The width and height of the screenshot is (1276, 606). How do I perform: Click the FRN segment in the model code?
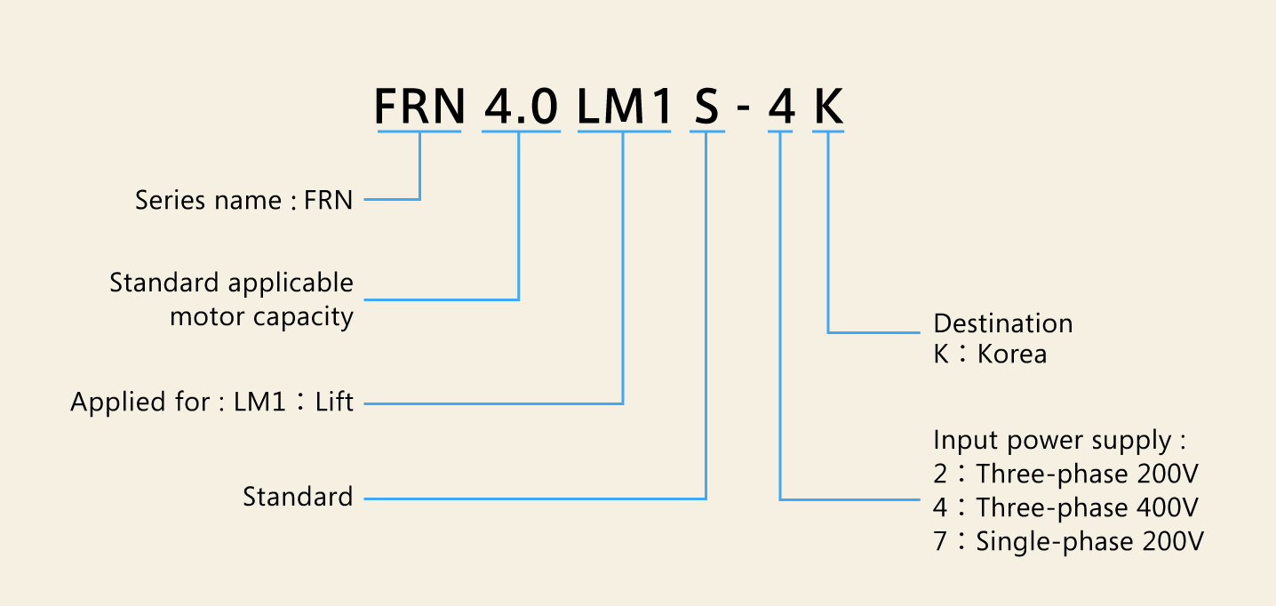pos(419,107)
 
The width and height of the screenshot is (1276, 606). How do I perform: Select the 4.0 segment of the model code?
pos(521,107)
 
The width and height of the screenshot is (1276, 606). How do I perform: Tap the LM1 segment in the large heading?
pos(624,107)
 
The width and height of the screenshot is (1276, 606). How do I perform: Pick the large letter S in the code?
pos(706,107)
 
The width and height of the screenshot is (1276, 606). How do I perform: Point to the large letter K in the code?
pos(829,107)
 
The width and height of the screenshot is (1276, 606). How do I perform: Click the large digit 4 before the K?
pos(781,107)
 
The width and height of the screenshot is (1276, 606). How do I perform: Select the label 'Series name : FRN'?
pos(243,201)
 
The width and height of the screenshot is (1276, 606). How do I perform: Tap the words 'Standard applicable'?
pos(231,283)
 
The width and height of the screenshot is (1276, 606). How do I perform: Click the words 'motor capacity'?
pos(261,316)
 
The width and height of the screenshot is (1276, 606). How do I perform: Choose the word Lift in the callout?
pos(335,403)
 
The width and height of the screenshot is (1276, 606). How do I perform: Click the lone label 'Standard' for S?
pos(298,497)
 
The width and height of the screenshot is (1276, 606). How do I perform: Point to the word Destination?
pos(1002,323)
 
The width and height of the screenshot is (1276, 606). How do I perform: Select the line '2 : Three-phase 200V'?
pos(1067,474)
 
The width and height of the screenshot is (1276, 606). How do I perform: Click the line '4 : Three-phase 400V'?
pos(1067,508)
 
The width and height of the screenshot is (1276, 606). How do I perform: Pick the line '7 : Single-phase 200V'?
pos(1069,541)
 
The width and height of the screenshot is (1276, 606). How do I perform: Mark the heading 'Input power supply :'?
pos(1059,441)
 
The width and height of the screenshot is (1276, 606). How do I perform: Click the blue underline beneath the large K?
pos(829,132)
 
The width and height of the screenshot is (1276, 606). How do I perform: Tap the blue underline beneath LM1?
pos(624,132)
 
